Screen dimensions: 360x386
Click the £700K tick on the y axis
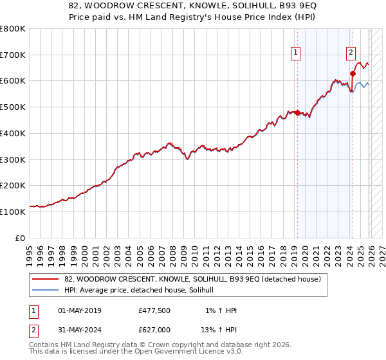point(13,55)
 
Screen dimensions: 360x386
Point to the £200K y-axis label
point(13,185)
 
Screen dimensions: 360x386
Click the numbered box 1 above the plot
point(296,53)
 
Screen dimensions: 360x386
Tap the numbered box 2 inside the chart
point(351,53)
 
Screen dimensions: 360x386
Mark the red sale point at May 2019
point(297,113)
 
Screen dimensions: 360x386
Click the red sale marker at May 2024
point(353,73)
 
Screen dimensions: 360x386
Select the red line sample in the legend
point(46,280)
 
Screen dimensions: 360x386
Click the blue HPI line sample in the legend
point(46,291)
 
